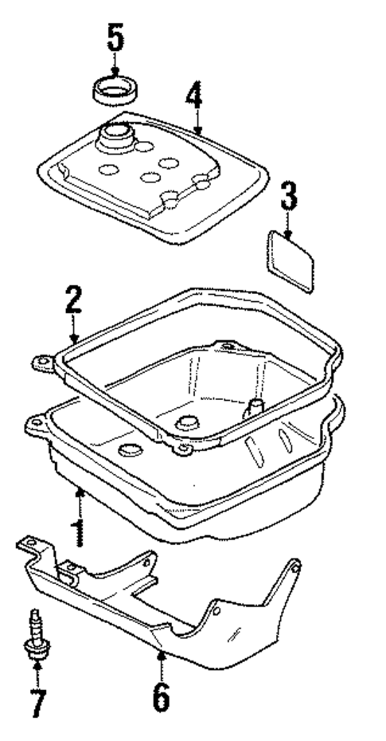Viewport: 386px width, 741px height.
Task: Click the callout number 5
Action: (116, 37)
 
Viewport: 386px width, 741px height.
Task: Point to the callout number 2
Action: (72, 300)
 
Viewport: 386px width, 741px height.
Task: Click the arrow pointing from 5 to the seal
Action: (116, 63)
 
